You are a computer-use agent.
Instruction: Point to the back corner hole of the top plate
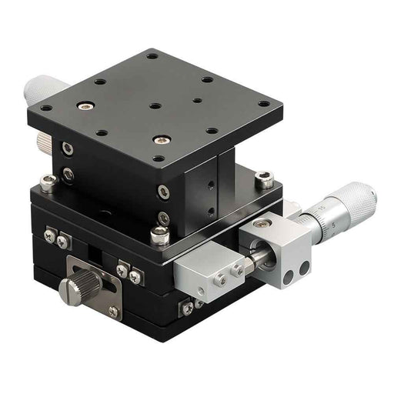pyautogui.click(x=152, y=55)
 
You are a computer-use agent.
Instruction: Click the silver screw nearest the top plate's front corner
pyautogui.click(x=160, y=139)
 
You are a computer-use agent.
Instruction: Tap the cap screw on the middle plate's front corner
pyautogui.click(x=160, y=235)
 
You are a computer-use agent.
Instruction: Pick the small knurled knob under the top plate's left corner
pyautogui.click(x=42, y=141)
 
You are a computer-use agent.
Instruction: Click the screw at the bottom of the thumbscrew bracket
pyautogui.click(x=113, y=311)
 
